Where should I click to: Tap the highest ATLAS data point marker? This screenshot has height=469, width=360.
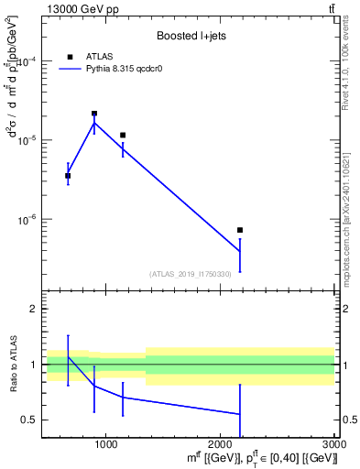click(x=94, y=114)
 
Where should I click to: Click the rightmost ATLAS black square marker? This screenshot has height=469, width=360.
click(x=240, y=230)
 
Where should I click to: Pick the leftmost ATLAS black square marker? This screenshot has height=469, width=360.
click(x=68, y=176)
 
